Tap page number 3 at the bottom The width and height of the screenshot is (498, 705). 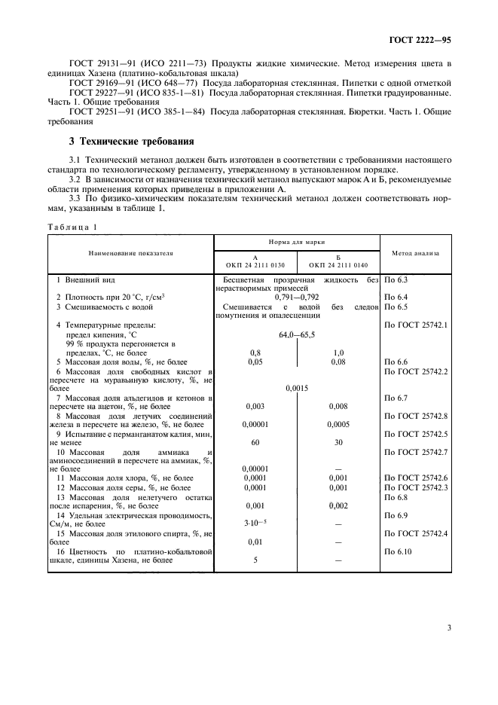point(448,627)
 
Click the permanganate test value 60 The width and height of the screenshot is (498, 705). point(255,442)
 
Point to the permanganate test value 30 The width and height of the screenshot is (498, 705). point(338,442)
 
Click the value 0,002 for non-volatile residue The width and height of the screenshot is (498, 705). point(338,506)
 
